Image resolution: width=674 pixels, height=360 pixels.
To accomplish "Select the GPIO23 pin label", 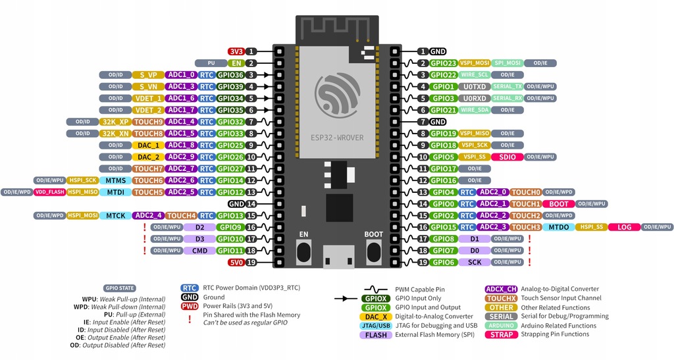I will [x=444, y=63].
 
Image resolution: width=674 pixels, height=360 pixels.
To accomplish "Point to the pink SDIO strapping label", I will [x=507, y=157].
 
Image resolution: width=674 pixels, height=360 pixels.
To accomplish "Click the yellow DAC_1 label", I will [x=149, y=145].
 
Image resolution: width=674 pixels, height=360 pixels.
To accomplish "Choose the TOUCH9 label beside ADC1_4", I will [x=148, y=122].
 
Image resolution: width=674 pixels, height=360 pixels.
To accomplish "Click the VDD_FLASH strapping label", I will [x=50, y=192].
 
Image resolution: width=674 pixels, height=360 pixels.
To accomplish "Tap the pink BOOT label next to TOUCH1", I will [x=559, y=204].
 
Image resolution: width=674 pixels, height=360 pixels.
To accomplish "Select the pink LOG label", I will [x=624, y=227].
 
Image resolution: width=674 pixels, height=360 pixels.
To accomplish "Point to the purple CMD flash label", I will [x=199, y=250].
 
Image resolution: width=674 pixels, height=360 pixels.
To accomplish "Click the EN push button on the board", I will [x=303, y=251].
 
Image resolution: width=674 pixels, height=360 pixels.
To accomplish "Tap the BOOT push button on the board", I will [x=373, y=251].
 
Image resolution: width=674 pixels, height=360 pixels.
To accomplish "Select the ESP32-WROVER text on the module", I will [x=338, y=139].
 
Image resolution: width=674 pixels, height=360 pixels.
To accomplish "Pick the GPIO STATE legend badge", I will [x=120, y=288].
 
